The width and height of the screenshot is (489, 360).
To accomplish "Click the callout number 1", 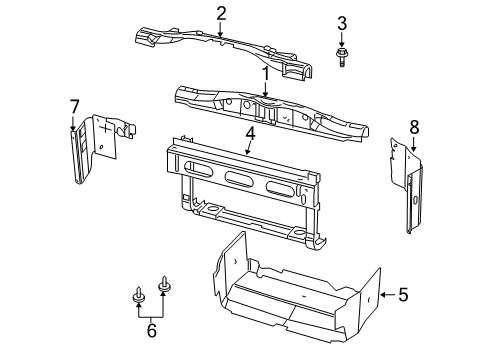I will tap(266, 73).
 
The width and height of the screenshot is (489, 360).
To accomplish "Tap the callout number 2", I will tap(221, 12).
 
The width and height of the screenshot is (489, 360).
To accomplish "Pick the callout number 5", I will tap(404, 295).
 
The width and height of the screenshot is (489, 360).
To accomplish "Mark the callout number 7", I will tap(73, 106).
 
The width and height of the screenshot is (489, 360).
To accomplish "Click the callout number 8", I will tap(415, 126).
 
